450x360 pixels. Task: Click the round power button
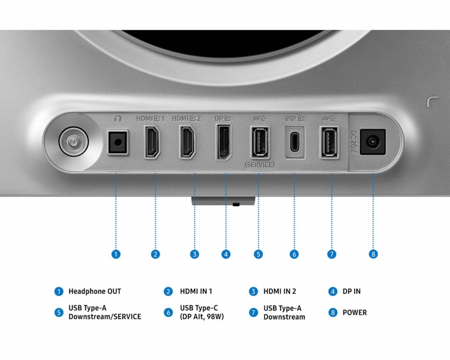(x=74, y=142)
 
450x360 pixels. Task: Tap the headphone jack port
(x=118, y=142)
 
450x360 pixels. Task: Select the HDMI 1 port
(x=152, y=142)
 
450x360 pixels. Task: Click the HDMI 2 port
(x=188, y=142)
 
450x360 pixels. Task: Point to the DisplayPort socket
(x=224, y=142)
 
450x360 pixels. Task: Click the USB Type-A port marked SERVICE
(x=260, y=142)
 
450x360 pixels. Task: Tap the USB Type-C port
(x=295, y=142)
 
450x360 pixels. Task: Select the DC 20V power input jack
(x=373, y=142)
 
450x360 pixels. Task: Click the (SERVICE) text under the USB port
(x=259, y=165)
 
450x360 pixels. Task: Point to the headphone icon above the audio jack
(x=118, y=118)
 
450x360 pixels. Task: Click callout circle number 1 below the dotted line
(x=116, y=254)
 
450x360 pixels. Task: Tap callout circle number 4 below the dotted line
(x=226, y=254)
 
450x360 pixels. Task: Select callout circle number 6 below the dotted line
(x=294, y=254)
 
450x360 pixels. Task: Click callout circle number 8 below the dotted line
(x=373, y=254)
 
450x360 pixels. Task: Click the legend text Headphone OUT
(x=95, y=292)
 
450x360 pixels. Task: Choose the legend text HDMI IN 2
(x=280, y=292)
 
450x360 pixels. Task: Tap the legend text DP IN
(x=351, y=292)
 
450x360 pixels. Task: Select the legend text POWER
(x=355, y=313)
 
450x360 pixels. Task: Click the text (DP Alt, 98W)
(x=202, y=317)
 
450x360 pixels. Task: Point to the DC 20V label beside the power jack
(x=353, y=142)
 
